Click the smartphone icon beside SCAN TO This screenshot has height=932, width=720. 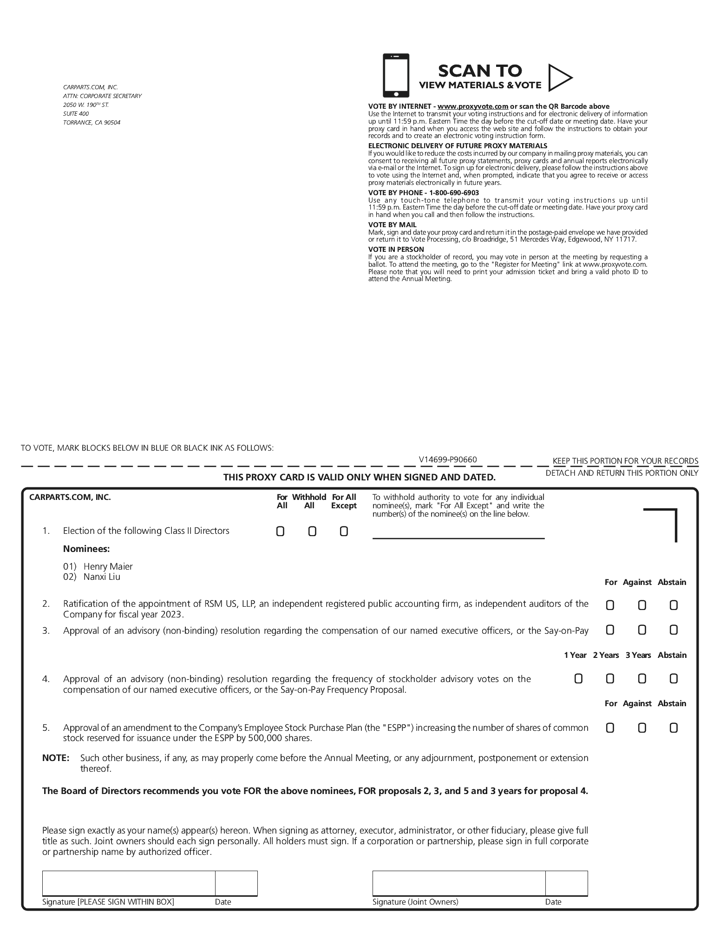point(396,75)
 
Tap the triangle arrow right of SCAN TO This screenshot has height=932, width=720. point(559,78)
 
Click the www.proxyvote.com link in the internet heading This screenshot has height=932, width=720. point(473,106)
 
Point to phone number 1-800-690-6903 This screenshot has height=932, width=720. point(454,193)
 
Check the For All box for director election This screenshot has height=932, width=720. point(280,531)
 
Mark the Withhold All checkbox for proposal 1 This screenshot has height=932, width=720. point(312,531)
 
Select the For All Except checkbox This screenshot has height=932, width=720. point(344,531)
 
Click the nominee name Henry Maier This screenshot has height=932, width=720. point(108,566)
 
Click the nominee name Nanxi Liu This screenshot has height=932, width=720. point(102,577)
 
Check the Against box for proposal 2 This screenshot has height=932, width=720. point(642,605)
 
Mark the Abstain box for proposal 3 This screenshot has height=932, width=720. point(674,630)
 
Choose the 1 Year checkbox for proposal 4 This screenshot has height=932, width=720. point(578,679)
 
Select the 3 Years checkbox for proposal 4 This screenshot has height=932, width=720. point(642,679)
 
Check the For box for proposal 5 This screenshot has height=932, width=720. point(610,728)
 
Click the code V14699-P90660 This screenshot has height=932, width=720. point(448,460)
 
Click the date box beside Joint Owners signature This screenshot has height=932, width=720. point(566,883)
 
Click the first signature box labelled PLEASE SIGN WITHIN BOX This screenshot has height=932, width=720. point(129,883)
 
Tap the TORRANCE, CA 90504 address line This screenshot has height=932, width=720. point(92,123)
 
